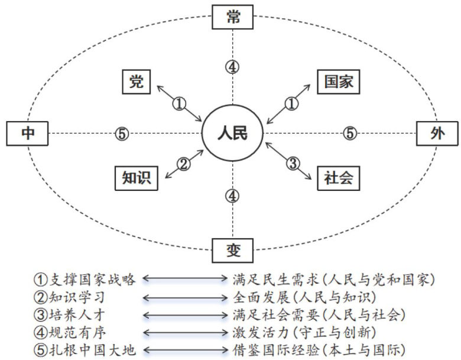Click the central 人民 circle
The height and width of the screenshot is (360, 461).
click(x=232, y=133)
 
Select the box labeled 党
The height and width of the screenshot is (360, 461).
click(x=137, y=83)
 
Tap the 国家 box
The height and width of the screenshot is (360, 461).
click(x=338, y=83)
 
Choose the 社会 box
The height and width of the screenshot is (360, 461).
click(x=338, y=177)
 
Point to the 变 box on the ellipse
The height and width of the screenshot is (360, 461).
click(x=232, y=250)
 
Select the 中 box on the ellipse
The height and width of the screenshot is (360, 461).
click(x=28, y=134)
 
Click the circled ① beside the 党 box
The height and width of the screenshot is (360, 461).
click(x=179, y=104)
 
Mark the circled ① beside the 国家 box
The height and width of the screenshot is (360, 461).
click(x=291, y=104)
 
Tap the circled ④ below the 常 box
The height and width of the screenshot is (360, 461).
click(x=232, y=66)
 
